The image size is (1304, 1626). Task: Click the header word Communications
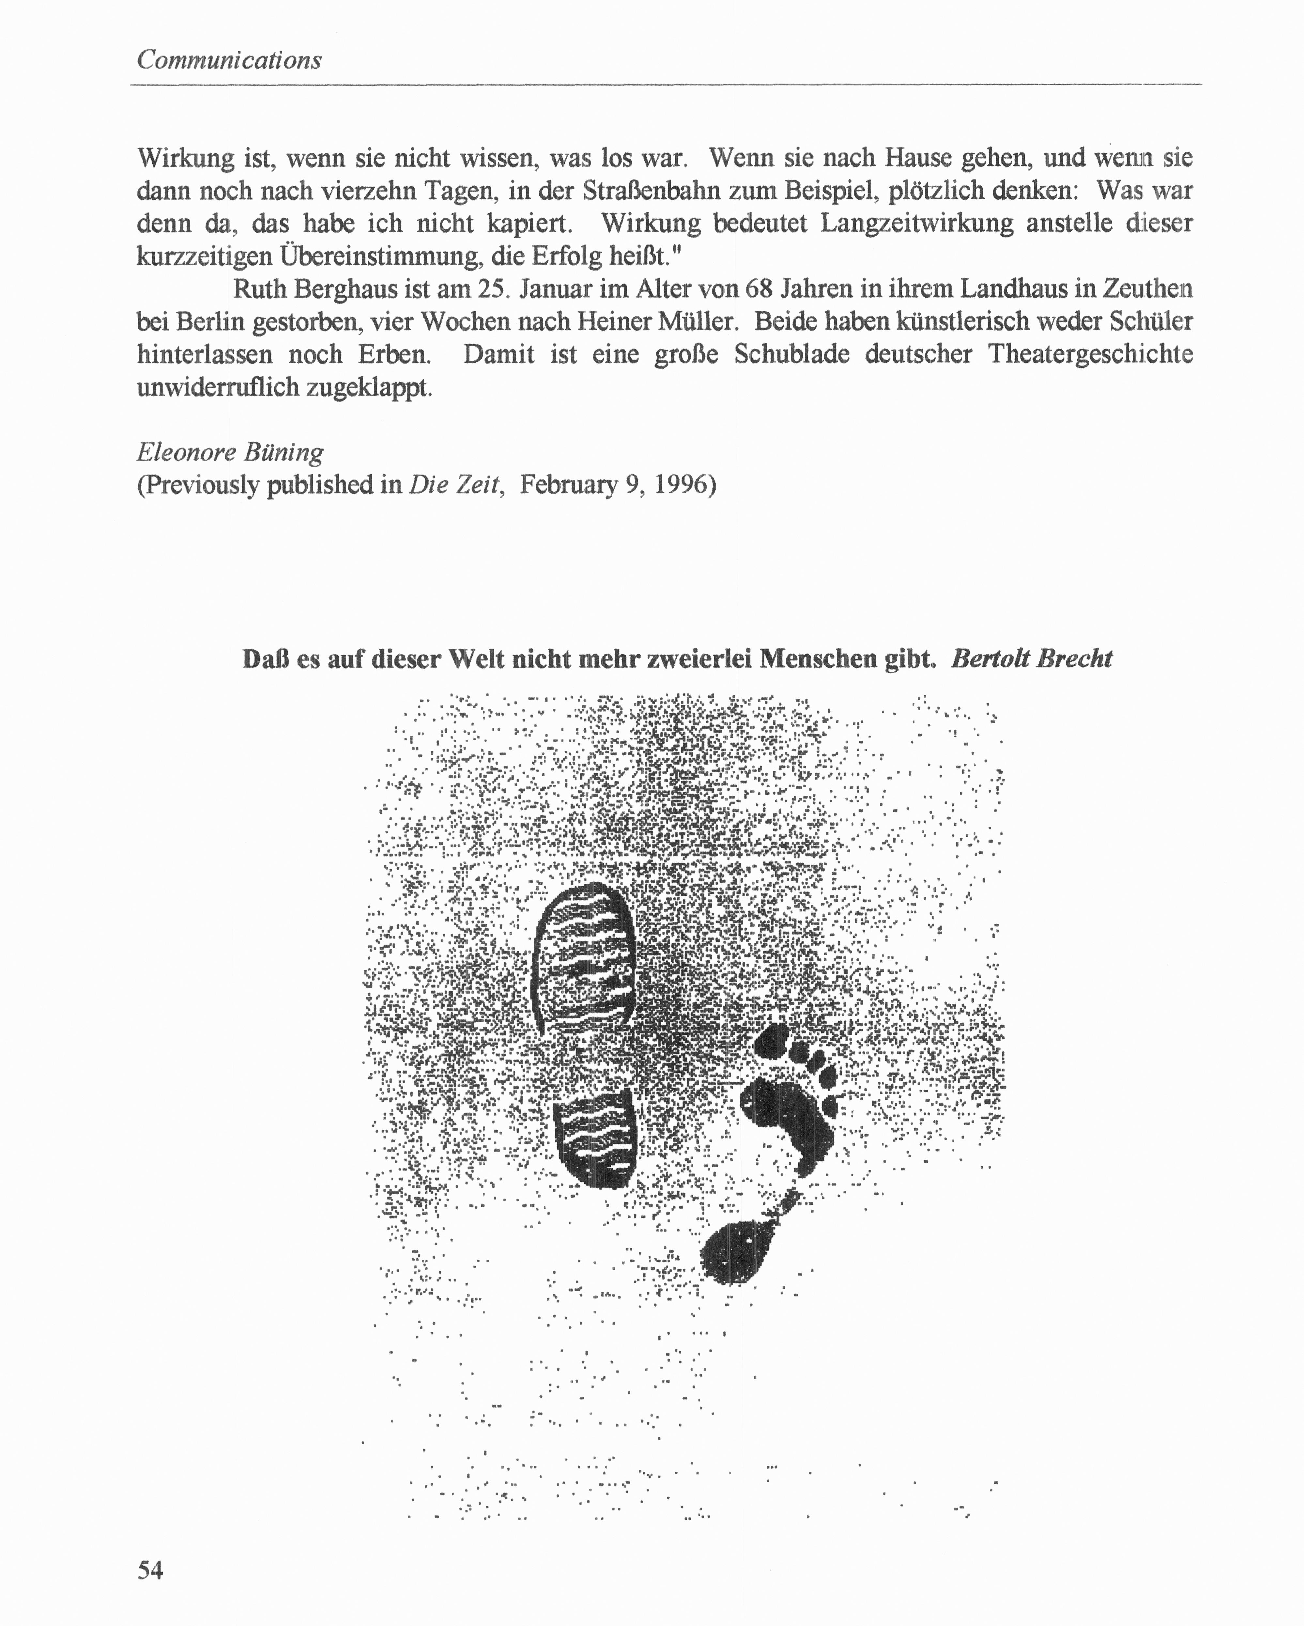click(x=229, y=60)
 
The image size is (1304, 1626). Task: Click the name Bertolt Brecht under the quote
click(x=1032, y=658)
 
